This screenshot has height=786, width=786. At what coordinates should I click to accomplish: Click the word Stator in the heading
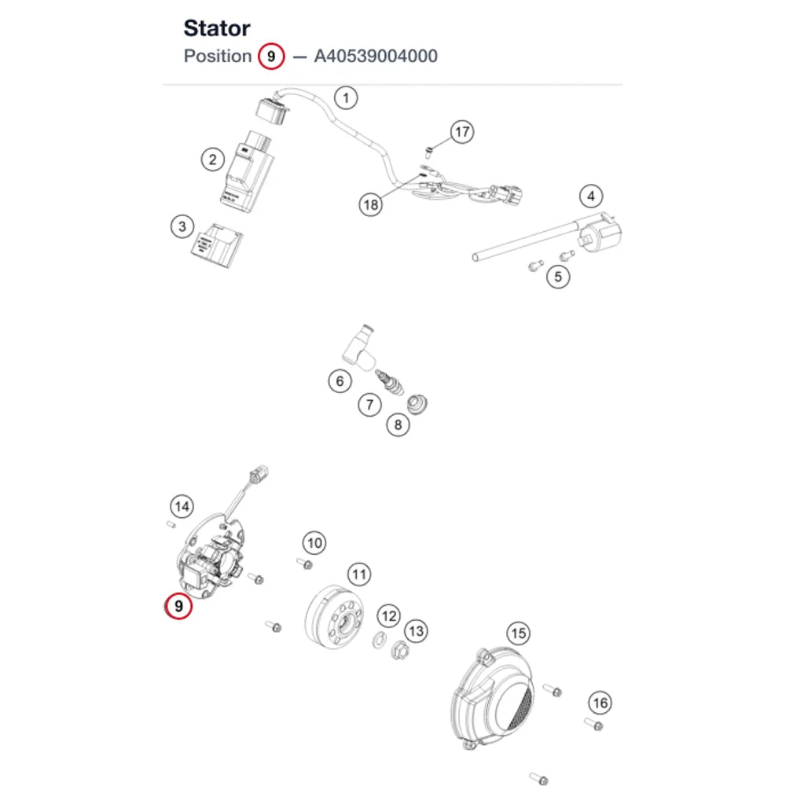coord(217,28)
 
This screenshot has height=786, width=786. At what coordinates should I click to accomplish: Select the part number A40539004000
coord(376,56)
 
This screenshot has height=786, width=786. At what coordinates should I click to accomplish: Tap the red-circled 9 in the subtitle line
coord(271,56)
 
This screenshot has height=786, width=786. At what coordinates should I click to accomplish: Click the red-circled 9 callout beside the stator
coord(178,606)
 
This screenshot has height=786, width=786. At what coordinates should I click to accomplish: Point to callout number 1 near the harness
coord(346,97)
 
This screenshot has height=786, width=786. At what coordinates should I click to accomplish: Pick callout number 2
coord(212,160)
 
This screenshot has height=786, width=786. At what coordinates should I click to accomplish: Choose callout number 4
coord(591,196)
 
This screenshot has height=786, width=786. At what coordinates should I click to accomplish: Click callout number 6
coord(340,381)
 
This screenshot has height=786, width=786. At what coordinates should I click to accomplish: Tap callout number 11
coord(359,574)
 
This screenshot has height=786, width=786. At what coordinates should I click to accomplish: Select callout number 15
coord(518,633)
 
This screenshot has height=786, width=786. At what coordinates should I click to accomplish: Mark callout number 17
coord(461,132)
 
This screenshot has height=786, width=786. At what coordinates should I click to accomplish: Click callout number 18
coord(371,204)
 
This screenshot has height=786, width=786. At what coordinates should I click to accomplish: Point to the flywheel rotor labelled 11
coord(333,618)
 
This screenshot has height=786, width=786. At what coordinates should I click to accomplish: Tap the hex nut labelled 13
coord(399,650)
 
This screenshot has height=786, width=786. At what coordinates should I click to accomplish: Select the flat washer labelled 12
coord(380,640)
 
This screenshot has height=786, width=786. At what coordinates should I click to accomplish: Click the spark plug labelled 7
coord(390,382)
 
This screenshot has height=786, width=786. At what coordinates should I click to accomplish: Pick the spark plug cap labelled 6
coord(358,347)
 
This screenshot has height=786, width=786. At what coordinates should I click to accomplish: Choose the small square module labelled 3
coord(217,245)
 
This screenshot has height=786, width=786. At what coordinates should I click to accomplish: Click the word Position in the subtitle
coord(218,56)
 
